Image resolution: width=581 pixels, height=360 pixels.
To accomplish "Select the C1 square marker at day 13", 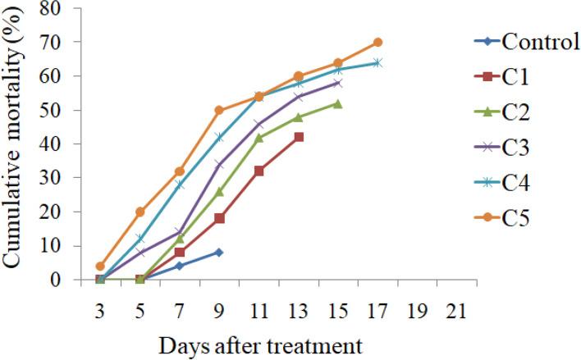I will [299, 137].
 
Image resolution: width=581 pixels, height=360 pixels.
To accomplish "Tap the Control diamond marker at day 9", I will [219, 253].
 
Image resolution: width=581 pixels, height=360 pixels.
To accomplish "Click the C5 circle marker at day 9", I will [219, 110].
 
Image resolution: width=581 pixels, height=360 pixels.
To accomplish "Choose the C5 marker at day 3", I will [100, 266].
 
